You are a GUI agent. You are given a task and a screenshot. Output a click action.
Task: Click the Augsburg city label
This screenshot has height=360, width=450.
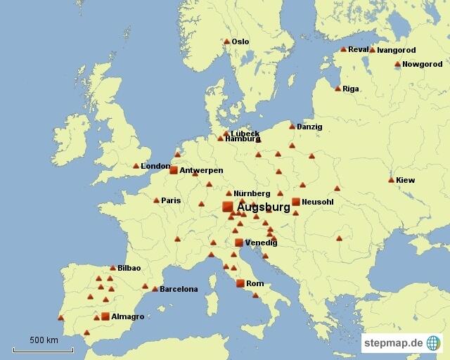(x=264, y=208)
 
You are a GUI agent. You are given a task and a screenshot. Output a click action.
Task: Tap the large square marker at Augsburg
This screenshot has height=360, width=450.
(x=227, y=206)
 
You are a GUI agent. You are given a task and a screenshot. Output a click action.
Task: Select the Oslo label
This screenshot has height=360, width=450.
(x=240, y=41)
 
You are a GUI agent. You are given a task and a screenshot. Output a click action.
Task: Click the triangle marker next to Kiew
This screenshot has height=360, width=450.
(x=391, y=180)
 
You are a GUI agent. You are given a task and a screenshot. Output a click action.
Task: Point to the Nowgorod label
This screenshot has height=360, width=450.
(x=423, y=64)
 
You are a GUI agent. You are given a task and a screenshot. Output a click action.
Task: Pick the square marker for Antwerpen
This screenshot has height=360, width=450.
(x=174, y=169)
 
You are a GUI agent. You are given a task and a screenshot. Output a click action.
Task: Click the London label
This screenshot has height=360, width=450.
(x=155, y=166)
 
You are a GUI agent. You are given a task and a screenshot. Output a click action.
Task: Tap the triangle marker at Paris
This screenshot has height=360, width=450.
(x=156, y=200)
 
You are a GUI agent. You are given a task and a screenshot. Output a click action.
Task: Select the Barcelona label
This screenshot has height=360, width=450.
(x=179, y=289)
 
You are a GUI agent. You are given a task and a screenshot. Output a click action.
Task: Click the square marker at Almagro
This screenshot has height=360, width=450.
(x=105, y=316)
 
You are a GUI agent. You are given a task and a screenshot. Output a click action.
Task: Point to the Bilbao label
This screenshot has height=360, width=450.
(x=129, y=268)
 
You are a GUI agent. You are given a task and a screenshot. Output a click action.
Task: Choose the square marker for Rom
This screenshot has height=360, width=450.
(x=240, y=283)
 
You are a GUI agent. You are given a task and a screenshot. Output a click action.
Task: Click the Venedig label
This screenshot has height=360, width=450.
(x=261, y=243)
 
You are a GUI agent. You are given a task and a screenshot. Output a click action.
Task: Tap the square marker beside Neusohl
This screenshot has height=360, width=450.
(x=295, y=202)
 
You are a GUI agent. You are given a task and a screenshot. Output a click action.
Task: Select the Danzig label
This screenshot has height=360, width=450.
(x=309, y=127)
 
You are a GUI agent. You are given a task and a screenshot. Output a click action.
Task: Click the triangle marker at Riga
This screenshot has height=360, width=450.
(x=337, y=89)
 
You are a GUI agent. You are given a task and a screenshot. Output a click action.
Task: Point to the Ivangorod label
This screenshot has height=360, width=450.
(x=397, y=50)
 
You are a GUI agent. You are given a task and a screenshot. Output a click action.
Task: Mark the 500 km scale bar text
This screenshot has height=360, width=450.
(x=44, y=340)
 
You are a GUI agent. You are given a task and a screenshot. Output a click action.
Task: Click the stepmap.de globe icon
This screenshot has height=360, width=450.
(x=433, y=343)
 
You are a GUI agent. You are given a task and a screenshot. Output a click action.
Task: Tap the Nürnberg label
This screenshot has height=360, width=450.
(x=252, y=193)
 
